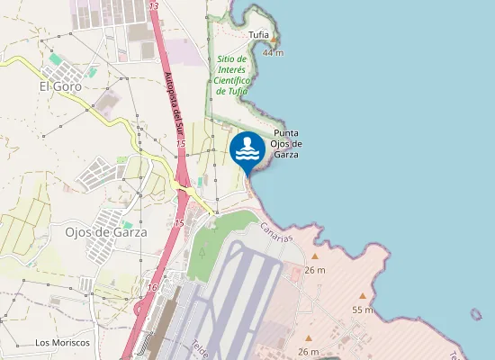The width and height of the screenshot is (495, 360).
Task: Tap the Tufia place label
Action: click(259, 35)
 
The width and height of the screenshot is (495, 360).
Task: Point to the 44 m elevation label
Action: click(273, 52)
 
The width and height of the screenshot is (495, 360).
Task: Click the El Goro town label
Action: click(60, 86)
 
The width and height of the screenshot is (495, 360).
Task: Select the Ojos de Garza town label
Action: click(106, 230)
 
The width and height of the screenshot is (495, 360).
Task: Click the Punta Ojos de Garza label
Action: click(286, 144)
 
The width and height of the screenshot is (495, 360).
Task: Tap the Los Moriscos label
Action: click(62, 343)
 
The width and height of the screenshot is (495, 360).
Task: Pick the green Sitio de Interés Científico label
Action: click(231, 75)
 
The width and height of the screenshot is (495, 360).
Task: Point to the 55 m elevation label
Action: click(362, 310)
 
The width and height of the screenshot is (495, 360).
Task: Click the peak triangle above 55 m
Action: click(363, 296)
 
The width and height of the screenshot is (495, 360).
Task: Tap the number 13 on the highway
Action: click(154, 6)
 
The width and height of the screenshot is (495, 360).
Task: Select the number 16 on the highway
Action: click(152, 288)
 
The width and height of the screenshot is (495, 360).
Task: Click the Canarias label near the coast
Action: click(278, 232)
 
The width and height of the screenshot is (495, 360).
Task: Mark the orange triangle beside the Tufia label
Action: click(274, 40)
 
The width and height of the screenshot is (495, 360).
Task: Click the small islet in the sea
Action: click(476, 314)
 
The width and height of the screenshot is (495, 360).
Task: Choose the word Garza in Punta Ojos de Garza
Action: click(285, 154)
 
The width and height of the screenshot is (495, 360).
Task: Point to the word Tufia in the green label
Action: click(238, 91)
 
